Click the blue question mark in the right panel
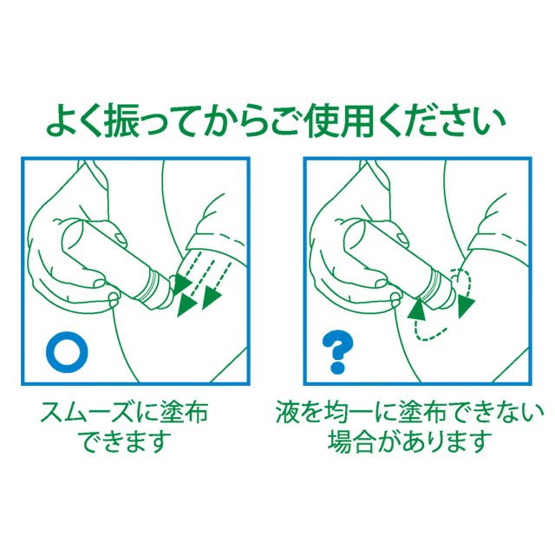point(337,352)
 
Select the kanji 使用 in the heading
point(335,121)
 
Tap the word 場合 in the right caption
point(350,441)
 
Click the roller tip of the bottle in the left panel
point(173,284)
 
